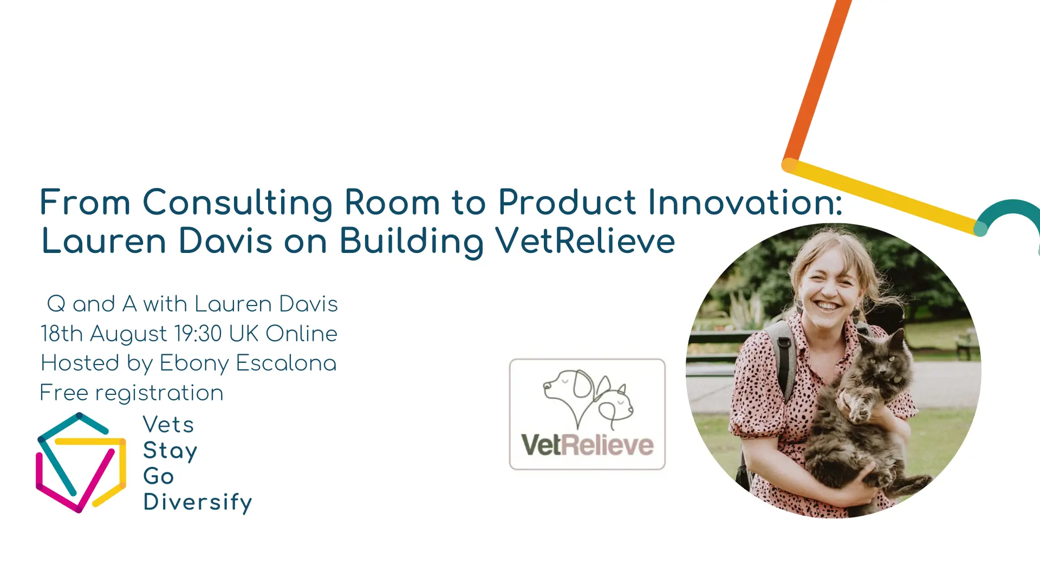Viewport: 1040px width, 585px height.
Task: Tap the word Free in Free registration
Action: [x=64, y=393]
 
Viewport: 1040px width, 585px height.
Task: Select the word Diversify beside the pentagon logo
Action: [x=198, y=502]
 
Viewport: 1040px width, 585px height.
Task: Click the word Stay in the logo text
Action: [x=170, y=451]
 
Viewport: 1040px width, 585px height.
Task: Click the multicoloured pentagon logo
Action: [x=81, y=463]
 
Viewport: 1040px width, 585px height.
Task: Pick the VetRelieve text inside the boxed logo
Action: [x=587, y=445]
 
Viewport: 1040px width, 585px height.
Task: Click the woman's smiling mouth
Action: [x=827, y=306]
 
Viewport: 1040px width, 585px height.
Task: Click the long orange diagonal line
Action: [x=817, y=81]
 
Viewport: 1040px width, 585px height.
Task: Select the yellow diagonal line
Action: [x=884, y=197]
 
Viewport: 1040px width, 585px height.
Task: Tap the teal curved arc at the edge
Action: [x=1010, y=214]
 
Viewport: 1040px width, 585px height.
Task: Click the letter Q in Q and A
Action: [x=56, y=304]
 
